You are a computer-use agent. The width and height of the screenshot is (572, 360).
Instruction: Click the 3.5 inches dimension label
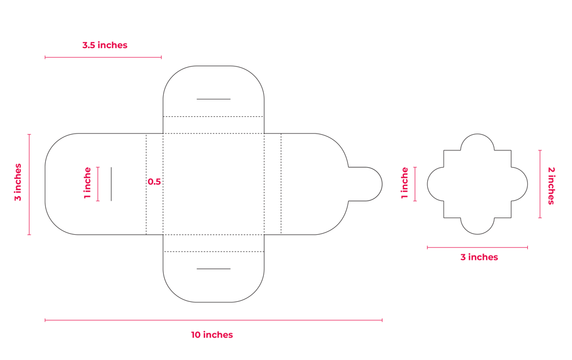point(104,45)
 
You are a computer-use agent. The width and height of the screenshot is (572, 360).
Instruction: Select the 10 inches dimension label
point(212,335)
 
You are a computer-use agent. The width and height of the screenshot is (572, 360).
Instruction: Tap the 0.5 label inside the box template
point(154,182)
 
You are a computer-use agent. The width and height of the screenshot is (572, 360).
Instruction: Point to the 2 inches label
point(551,185)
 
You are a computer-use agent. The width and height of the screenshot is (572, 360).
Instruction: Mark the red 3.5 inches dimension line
point(103,57)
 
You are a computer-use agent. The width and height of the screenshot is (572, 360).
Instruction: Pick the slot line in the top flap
point(213,100)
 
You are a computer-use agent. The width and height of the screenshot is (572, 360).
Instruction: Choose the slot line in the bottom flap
point(213,269)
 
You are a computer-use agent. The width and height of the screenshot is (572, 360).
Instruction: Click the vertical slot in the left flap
point(111,184)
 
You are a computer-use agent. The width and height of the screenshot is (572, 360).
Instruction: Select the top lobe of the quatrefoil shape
point(477,143)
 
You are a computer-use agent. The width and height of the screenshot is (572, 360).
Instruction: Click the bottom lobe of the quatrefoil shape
point(477,226)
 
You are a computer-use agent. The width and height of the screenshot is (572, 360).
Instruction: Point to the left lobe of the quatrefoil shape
point(436,184)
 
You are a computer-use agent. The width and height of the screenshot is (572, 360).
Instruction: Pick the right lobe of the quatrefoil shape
point(519,184)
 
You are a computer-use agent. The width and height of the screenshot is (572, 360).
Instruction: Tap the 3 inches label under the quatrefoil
point(479,257)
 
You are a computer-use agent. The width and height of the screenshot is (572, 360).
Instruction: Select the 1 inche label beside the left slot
point(87,183)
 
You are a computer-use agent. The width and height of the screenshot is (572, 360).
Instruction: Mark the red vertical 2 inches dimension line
point(540,184)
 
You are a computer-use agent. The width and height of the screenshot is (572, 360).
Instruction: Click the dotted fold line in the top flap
point(213,116)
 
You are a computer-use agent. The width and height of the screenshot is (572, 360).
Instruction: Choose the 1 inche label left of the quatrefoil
point(405,183)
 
